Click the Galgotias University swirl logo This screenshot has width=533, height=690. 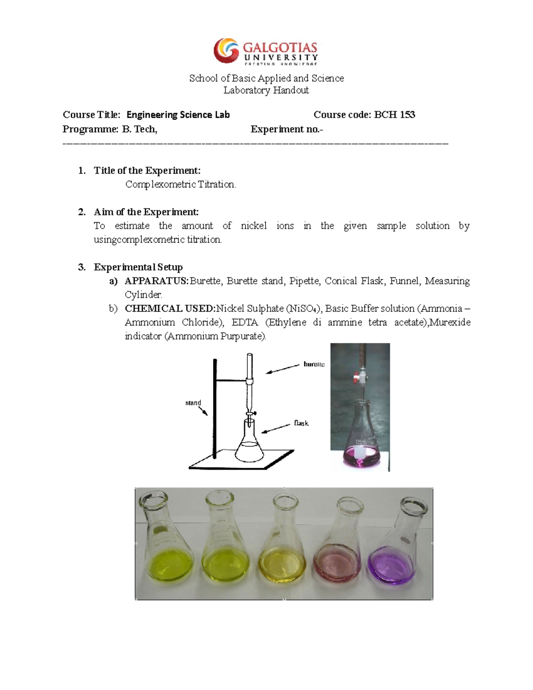[226, 50]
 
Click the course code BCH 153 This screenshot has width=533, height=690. [394, 115]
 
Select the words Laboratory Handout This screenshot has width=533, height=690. [266, 90]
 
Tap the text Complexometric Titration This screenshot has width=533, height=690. [180, 184]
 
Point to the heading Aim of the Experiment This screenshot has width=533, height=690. [146, 212]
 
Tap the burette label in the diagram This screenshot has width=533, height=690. [314, 364]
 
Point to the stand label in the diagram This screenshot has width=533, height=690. [193, 403]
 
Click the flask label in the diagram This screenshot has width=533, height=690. [301, 423]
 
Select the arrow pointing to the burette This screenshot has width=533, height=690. [283, 369]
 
